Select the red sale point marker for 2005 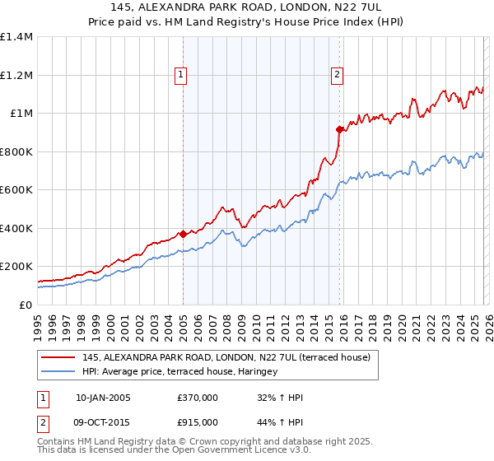click(183, 234)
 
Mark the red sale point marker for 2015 click(338, 129)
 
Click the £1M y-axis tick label click(21, 114)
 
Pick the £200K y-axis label click(16, 267)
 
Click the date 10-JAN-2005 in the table click(103, 398)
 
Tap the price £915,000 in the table click(198, 421)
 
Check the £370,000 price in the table click(198, 398)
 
